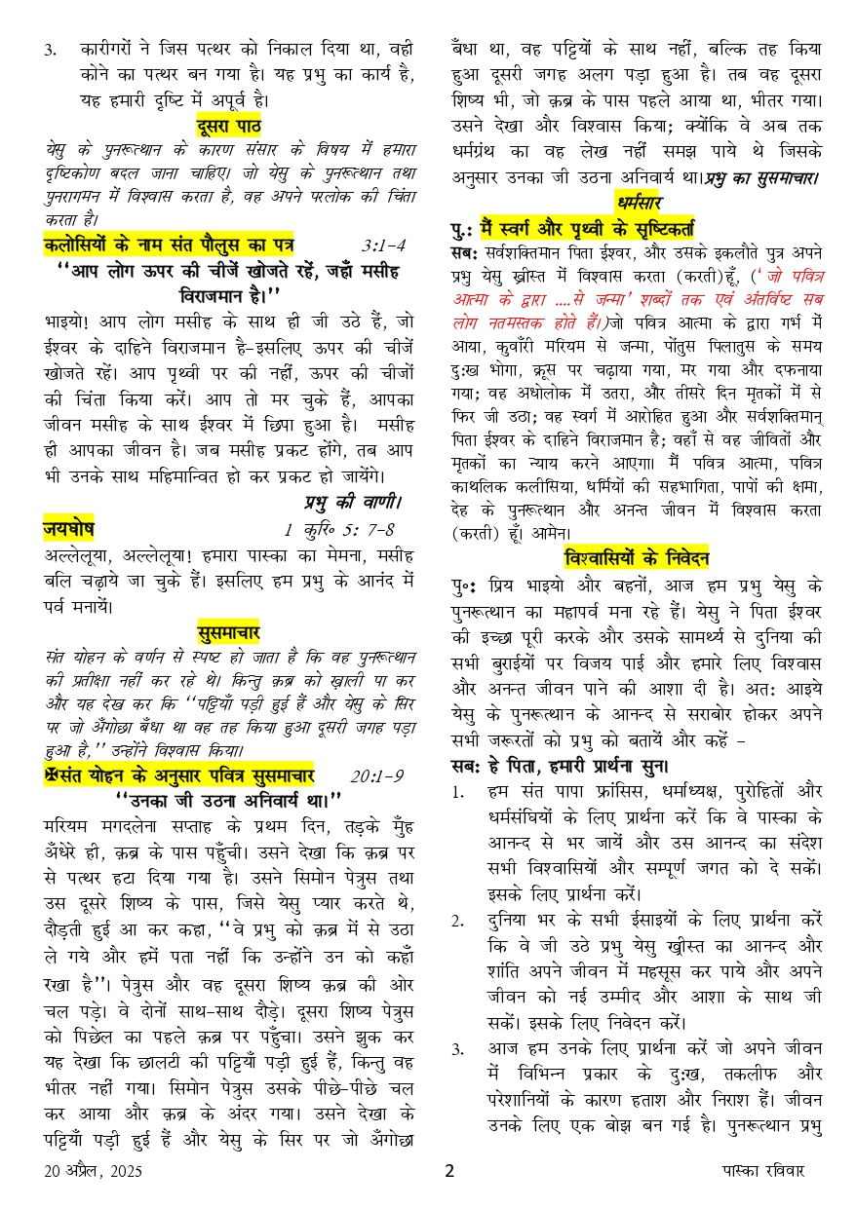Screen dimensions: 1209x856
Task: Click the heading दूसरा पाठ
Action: [x=228, y=126]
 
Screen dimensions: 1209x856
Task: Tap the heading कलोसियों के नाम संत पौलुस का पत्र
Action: [x=169, y=244]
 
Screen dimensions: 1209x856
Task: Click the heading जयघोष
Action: [x=68, y=530]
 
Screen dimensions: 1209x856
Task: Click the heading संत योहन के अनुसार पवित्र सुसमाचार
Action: [x=180, y=776]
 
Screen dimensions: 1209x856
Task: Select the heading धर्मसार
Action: [x=639, y=203]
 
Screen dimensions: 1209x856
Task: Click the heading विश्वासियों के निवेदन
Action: [x=638, y=557]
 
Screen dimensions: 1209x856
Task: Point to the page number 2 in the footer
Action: [x=449, y=1171]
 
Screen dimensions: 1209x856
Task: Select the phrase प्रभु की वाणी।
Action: [x=354, y=503]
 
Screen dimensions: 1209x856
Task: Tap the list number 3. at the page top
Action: [x=51, y=50]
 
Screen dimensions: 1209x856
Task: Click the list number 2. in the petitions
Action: [x=457, y=919]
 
